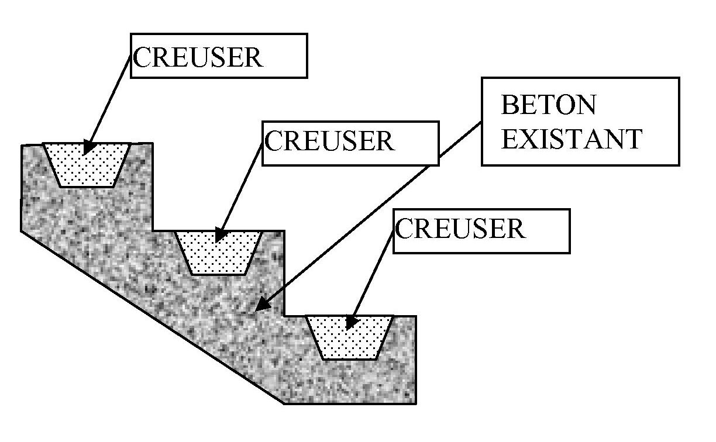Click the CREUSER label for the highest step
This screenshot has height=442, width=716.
[198, 57]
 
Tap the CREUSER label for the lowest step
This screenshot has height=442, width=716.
[460, 229]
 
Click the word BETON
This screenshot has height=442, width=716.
[549, 106]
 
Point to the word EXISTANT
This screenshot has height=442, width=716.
[572, 140]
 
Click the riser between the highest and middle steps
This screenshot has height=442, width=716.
[153, 187]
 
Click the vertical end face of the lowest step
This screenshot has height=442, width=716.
[416, 360]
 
